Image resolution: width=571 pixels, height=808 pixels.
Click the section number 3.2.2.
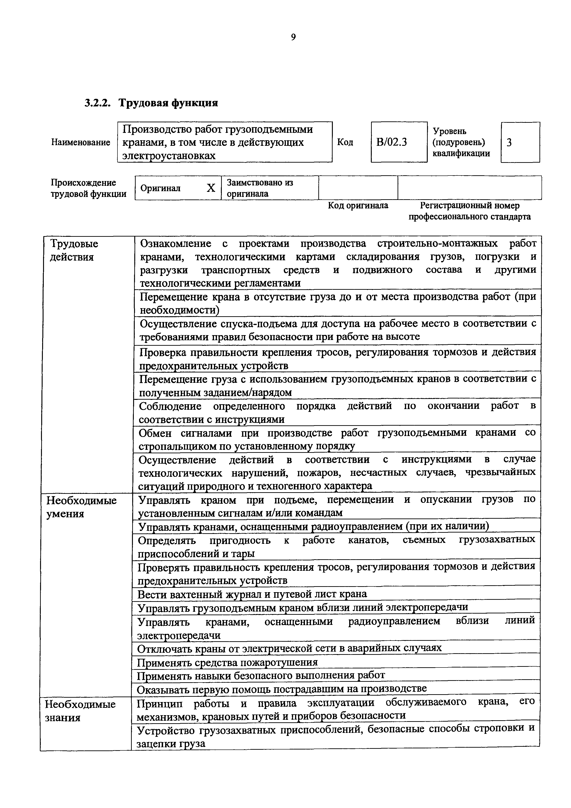97,103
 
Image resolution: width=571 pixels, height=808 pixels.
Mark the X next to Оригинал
211,188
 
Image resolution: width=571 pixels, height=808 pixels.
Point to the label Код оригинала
358,205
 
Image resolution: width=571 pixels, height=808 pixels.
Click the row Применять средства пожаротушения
227,662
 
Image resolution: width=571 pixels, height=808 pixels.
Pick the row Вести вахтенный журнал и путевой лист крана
252,594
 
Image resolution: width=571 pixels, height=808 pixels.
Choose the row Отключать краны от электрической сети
289,648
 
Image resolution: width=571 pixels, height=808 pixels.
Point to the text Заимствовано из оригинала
260,188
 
